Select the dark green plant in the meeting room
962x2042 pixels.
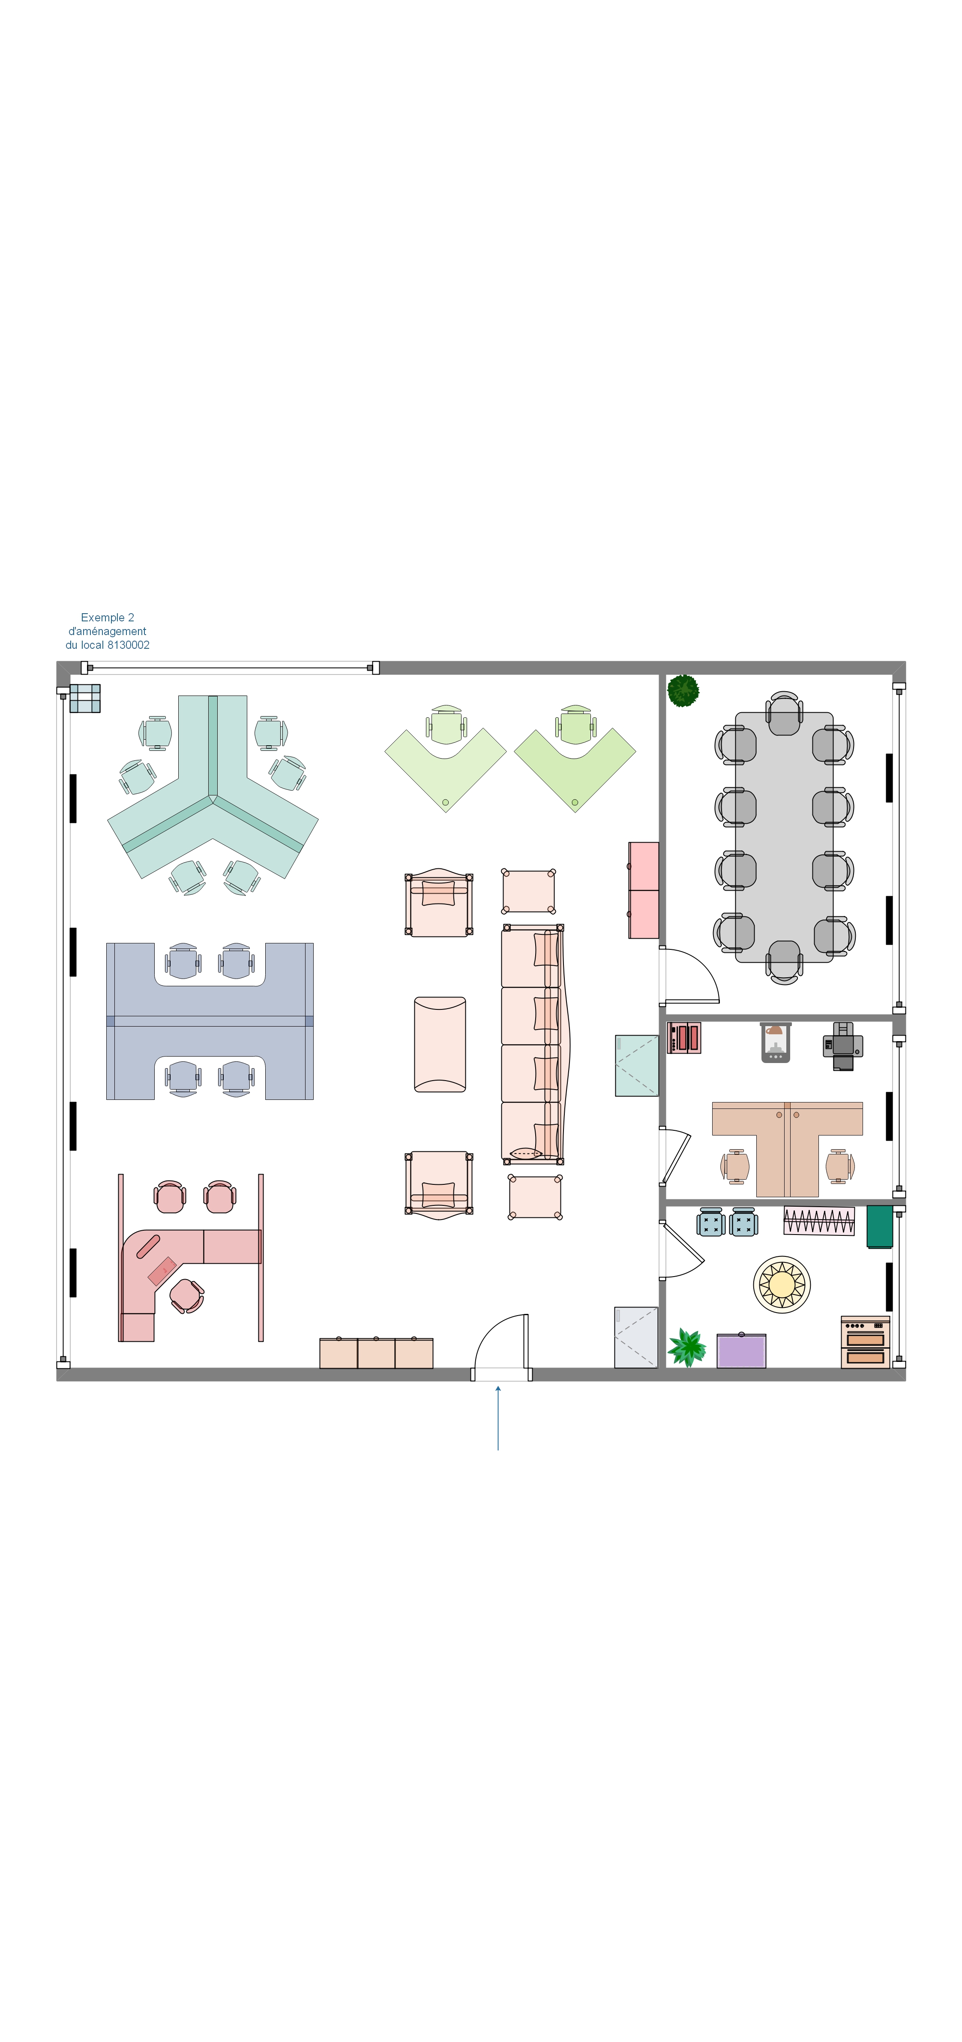(x=683, y=690)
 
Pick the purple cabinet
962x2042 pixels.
(x=741, y=1351)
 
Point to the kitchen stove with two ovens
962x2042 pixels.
(x=865, y=1341)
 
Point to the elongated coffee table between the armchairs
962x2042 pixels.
(x=440, y=1044)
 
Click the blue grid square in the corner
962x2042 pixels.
(x=85, y=699)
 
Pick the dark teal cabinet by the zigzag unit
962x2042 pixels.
(x=880, y=1226)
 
